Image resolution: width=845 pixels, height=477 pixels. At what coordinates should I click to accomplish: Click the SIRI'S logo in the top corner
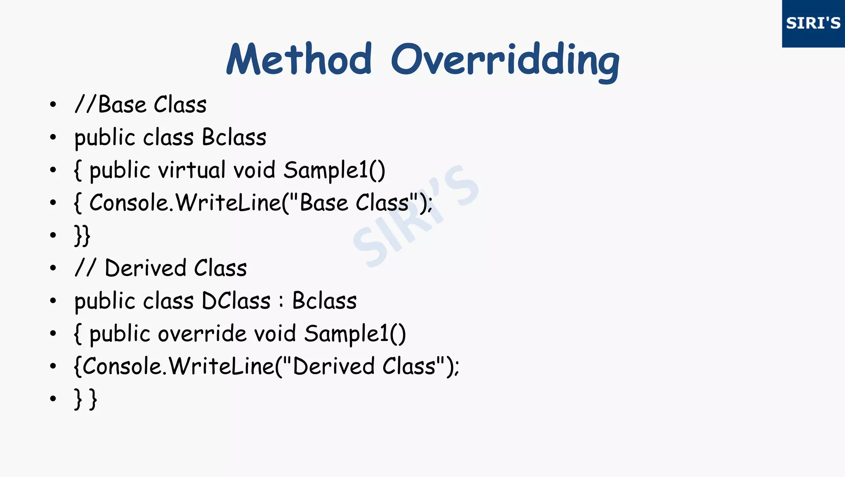pyautogui.click(x=813, y=23)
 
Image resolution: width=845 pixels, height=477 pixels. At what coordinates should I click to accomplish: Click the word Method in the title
pyautogui.click(x=299, y=59)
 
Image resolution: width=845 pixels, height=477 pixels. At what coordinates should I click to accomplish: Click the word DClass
pyautogui.click(x=236, y=301)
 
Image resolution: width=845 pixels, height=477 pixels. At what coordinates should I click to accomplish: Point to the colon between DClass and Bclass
pyautogui.click(x=281, y=301)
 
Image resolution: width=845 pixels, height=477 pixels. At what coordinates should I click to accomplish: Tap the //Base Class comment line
pyautogui.click(x=140, y=104)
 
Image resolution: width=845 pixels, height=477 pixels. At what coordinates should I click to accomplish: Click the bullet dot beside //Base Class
pyautogui.click(x=53, y=105)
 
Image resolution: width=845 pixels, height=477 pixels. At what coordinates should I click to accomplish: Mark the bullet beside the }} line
pyautogui.click(x=53, y=235)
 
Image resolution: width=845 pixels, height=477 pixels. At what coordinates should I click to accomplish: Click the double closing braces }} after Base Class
pyautogui.click(x=82, y=236)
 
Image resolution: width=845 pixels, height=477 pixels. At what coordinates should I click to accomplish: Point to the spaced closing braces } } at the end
pyautogui.click(x=85, y=399)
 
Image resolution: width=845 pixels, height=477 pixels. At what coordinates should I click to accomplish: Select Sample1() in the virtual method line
pyautogui.click(x=334, y=170)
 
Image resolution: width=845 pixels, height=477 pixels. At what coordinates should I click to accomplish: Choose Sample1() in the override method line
pyautogui.click(x=355, y=334)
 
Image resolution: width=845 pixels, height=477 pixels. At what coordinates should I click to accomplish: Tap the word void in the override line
pyautogui.click(x=275, y=333)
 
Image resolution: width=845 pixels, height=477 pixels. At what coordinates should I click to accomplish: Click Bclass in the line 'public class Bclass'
pyautogui.click(x=234, y=137)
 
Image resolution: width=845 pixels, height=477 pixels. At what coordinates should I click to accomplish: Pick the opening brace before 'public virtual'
pyautogui.click(x=78, y=170)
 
